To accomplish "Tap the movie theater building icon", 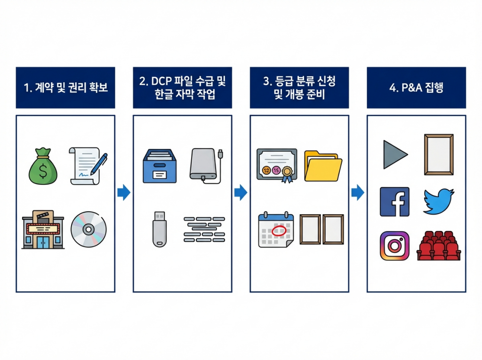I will pyautogui.click(x=43, y=230).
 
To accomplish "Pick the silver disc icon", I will pyautogui.click(x=88, y=230).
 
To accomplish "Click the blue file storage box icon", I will pyautogui.click(x=160, y=166).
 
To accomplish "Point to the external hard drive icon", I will pyautogui.click(x=205, y=164).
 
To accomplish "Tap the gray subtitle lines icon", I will pyautogui.click(x=204, y=230).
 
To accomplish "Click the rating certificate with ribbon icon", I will pyautogui.click(x=277, y=165).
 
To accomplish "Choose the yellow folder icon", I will pyautogui.click(x=323, y=166).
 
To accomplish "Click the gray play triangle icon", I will pyautogui.click(x=394, y=154).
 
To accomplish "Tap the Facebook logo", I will pyautogui.click(x=394, y=202).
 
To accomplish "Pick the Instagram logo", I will pyautogui.click(x=394, y=246).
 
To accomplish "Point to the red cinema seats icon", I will pyautogui.click(x=439, y=246).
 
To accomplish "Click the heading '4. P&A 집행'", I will pyautogui.click(x=416, y=88).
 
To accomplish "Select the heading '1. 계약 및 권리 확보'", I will pyautogui.click(x=65, y=88).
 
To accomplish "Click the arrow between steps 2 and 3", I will pyautogui.click(x=241, y=192).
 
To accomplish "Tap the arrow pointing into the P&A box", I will pyautogui.click(x=358, y=192).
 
